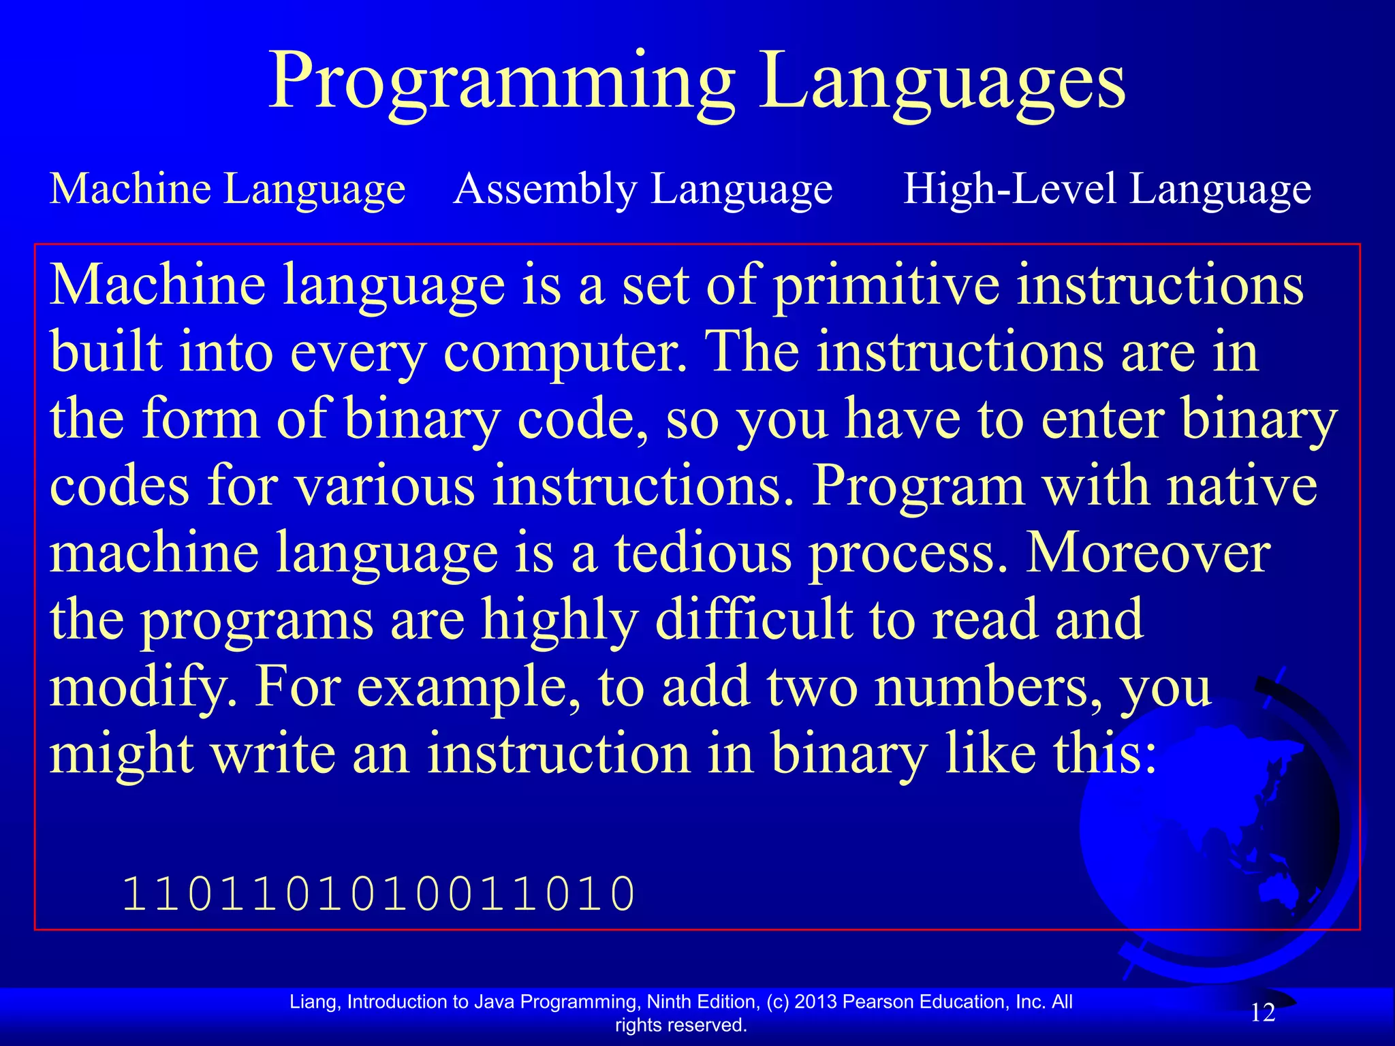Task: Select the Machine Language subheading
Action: pos(228,189)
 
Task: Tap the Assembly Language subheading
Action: pos(643,189)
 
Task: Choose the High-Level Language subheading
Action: pos(1107,189)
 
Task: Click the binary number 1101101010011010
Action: pos(379,893)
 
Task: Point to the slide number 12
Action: pos(1263,1013)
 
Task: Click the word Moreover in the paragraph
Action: pos(1148,552)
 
